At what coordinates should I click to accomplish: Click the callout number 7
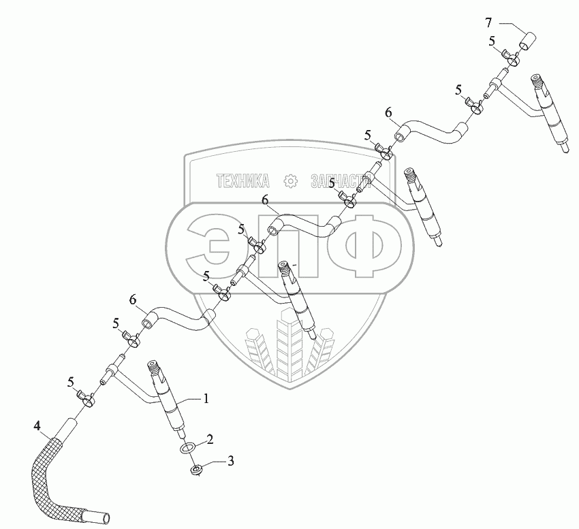[x=488, y=23]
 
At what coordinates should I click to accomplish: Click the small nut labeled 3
[x=196, y=470]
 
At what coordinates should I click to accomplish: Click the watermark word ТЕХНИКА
[x=243, y=181]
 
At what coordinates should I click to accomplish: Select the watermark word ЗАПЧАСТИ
[x=339, y=181]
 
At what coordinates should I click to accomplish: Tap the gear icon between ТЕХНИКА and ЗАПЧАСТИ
[x=291, y=181]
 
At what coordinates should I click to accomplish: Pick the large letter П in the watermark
[x=292, y=246]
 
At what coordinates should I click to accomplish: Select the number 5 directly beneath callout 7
[x=491, y=42]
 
